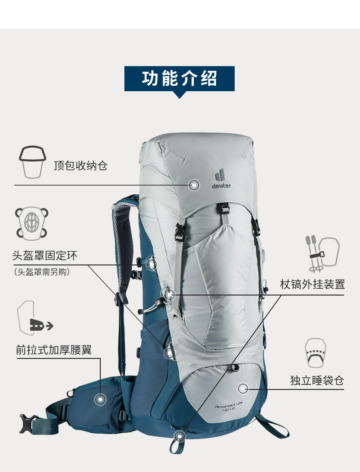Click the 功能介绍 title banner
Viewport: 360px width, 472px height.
[x=180, y=78]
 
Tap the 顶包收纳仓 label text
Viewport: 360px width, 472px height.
[x=80, y=165]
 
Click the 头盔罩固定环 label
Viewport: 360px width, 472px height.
[x=45, y=255]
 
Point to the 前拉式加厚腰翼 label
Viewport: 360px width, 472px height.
[x=54, y=350]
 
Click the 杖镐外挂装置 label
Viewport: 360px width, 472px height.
[x=312, y=285]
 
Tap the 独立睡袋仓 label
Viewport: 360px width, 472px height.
[x=317, y=380]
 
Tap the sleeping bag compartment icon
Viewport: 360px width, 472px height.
[x=315, y=353]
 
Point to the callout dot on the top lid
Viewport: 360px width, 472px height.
[x=194, y=185]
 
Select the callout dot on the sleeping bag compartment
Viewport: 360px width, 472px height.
[x=243, y=389]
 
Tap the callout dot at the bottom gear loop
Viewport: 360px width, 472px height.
[x=180, y=436]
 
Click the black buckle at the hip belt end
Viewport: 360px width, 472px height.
[x=28, y=423]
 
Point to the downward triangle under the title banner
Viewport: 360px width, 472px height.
[x=180, y=95]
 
